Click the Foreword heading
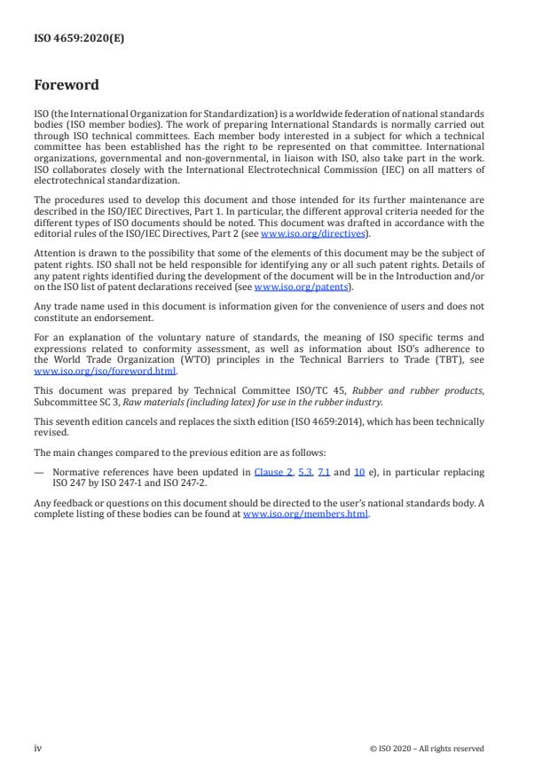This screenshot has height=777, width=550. click(x=66, y=86)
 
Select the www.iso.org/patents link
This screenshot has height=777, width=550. click(x=288, y=287)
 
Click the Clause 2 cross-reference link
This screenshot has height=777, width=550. click(x=272, y=473)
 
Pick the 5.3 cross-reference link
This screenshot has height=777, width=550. click(x=304, y=473)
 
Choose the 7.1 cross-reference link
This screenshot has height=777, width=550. click(x=325, y=473)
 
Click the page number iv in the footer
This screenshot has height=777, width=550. click(x=37, y=748)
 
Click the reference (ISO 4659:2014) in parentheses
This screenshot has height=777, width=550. click(x=341, y=420)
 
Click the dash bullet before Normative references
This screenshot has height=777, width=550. click(x=38, y=473)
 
